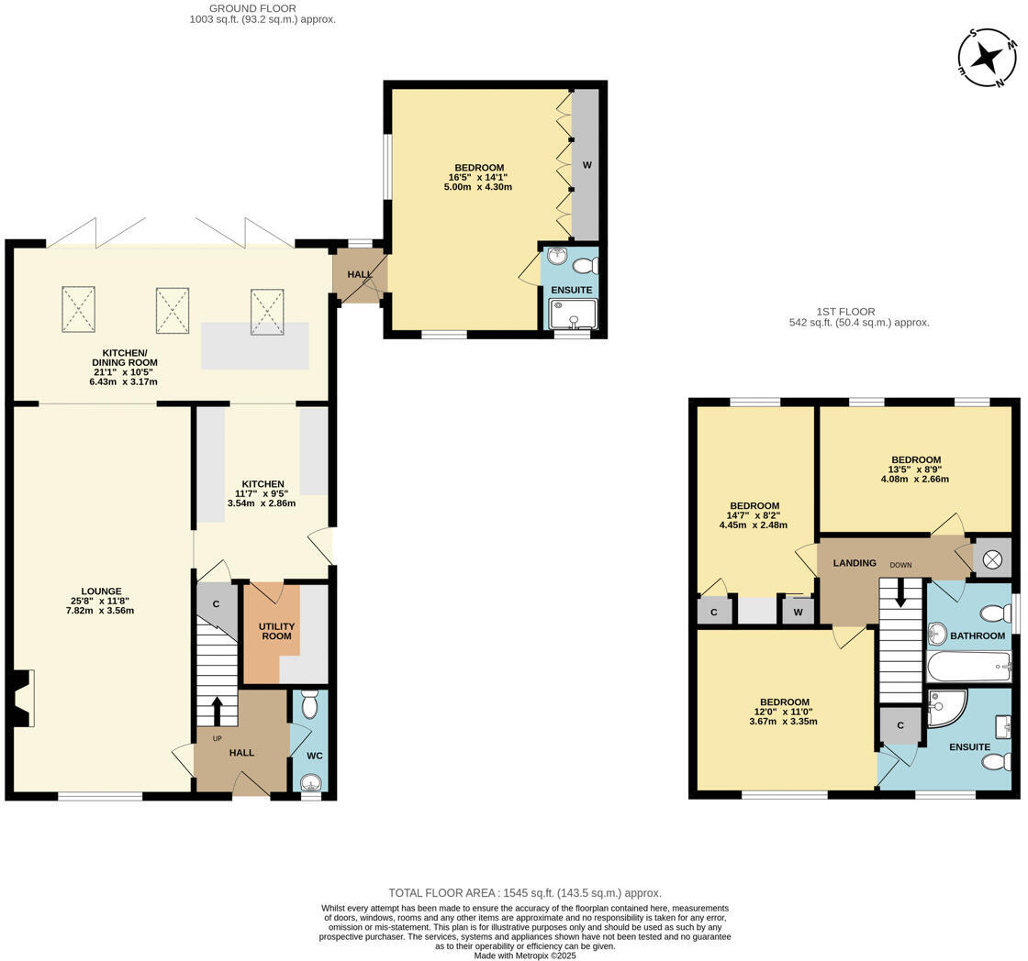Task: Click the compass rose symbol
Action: tap(988, 58)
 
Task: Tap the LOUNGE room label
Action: tap(101, 591)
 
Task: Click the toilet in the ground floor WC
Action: tap(309, 704)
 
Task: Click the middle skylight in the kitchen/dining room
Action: tap(172, 310)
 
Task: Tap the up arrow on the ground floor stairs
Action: tap(217, 712)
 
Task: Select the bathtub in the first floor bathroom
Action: tap(968, 667)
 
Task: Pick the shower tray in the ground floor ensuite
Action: tap(573, 315)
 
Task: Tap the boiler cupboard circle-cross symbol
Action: tap(992, 558)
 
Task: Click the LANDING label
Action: tap(855, 563)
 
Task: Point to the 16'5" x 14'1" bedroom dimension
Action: tap(478, 178)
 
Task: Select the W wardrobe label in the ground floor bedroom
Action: tap(587, 165)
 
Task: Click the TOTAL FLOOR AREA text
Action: tap(524, 892)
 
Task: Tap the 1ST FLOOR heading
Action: tap(845, 312)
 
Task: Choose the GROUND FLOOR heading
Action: tap(252, 8)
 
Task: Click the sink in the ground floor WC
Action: tap(311, 782)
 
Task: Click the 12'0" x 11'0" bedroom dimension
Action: tap(783, 712)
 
